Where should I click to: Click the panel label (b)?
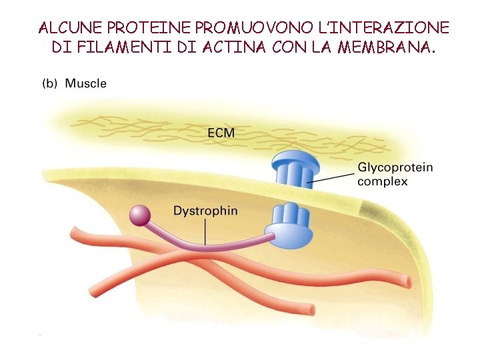[50, 84]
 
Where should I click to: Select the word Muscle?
[85, 84]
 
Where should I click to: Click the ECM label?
[221, 132]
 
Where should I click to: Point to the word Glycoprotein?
[395, 167]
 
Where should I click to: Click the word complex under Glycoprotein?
[383, 181]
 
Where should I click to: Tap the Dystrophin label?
[205, 211]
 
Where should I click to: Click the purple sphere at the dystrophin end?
[140, 215]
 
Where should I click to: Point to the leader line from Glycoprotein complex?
[333, 177]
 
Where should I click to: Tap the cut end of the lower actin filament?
[309, 310]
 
